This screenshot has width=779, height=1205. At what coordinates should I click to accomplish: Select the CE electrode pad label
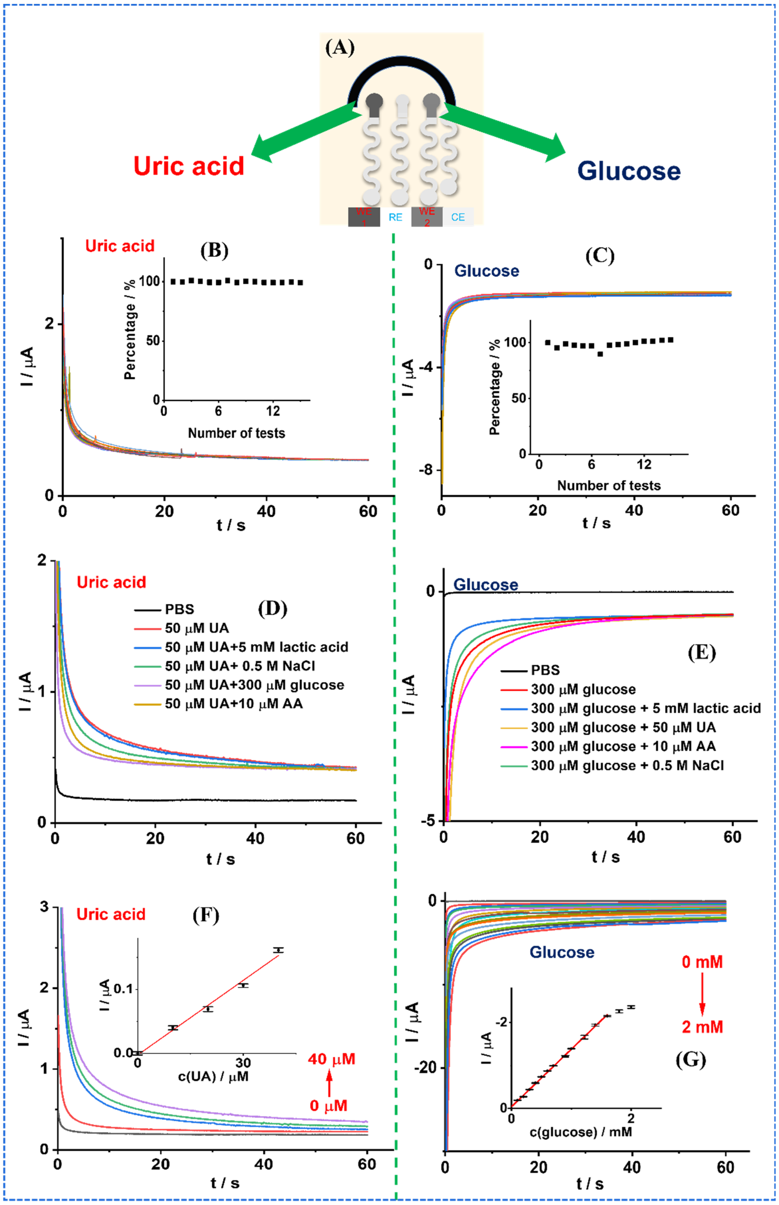point(458,217)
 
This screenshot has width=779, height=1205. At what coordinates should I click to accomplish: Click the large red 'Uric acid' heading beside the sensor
point(189,166)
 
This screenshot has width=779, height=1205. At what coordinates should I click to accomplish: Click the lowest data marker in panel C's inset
point(600,354)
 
